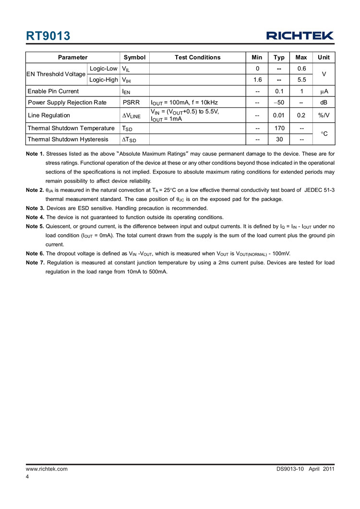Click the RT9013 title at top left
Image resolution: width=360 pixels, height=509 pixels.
click(48, 36)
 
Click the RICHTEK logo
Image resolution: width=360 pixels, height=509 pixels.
click(300, 36)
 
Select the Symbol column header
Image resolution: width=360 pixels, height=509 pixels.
click(134, 57)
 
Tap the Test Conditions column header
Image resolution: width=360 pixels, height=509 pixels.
click(197, 57)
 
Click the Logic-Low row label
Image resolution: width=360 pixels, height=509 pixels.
click(104, 69)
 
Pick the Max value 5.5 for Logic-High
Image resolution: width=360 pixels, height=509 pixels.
click(301, 80)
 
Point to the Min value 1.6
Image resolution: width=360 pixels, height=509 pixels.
click(257, 80)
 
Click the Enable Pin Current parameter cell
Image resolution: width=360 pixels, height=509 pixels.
click(53, 91)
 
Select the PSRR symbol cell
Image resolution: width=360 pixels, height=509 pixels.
click(132, 102)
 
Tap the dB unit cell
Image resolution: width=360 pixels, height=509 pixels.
click(324, 102)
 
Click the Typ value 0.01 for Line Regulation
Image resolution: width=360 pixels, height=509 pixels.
click(279, 115)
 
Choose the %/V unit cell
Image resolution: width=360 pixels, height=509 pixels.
click(324, 115)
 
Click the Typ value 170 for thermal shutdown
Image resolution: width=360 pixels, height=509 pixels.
click(279, 128)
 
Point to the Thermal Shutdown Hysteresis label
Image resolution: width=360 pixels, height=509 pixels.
click(68, 140)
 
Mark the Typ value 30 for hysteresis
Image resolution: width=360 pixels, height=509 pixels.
click(279, 140)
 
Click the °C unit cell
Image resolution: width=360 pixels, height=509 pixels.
click(324, 134)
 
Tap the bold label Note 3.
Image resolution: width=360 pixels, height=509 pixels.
click(35, 208)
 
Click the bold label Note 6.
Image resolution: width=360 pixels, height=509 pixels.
click(35, 253)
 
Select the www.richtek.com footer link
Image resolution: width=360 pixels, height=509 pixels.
click(47, 468)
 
